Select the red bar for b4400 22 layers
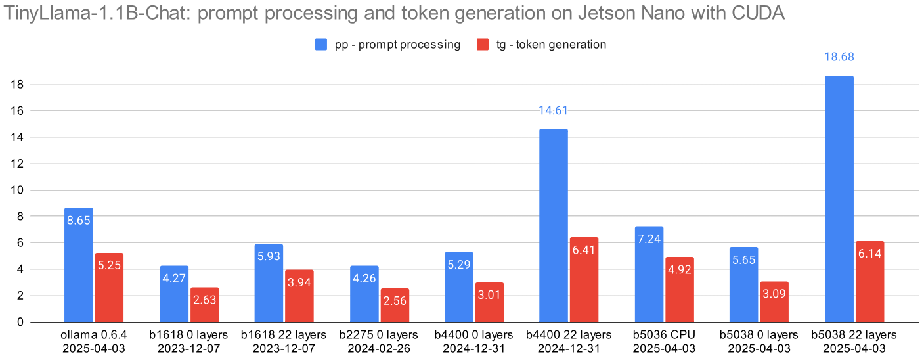pos(584,280)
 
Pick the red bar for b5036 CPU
pos(679,290)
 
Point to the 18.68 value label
pos(839,57)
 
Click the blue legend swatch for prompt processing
pos(321,45)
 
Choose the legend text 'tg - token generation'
pos(550,45)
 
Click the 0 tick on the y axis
pos(20,323)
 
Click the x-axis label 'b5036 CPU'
pos(664,335)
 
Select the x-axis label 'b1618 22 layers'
pos(283,335)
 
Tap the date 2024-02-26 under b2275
pos(378,348)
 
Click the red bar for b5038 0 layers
pos(774,302)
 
